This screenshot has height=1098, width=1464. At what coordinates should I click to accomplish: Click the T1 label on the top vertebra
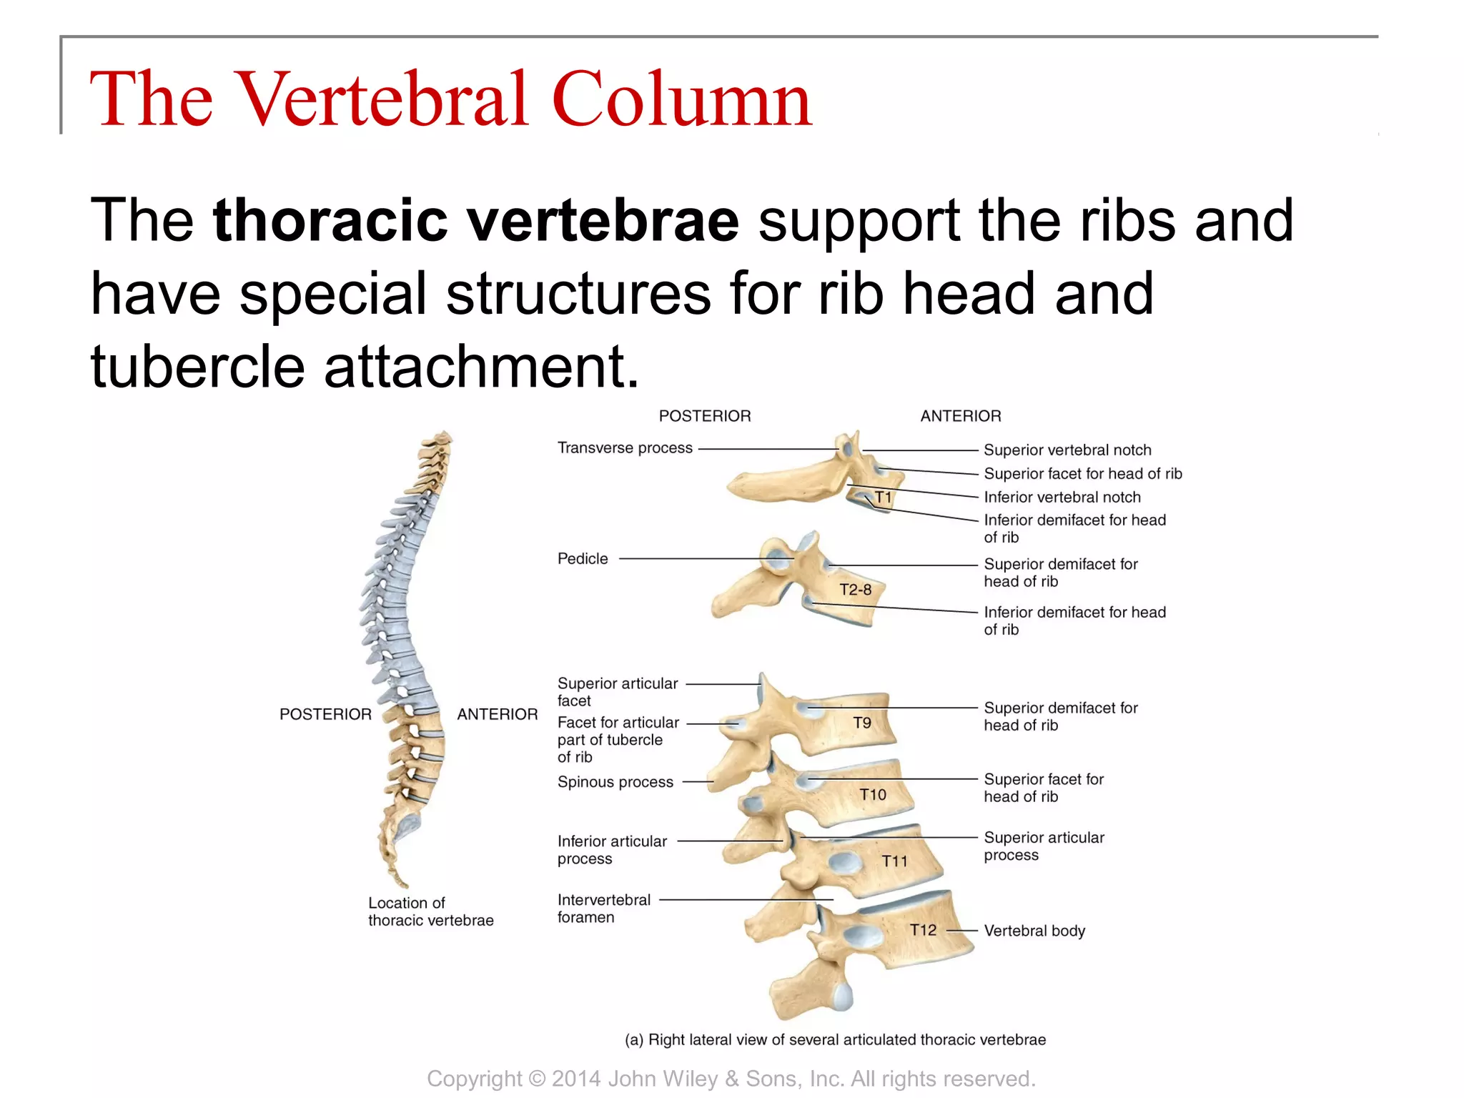pyautogui.click(x=884, y=497)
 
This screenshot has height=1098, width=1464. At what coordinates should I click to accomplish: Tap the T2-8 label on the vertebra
pyautogui.click(x=855, y=590)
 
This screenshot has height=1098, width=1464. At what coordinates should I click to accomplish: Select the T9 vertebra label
pyautogui.click(x=862, y=723)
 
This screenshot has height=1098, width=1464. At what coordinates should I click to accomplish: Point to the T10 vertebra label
pyautogui.click(x=872, y=794)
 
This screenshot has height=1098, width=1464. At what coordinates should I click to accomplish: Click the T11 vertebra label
pyautogui.click(x=894, y=861)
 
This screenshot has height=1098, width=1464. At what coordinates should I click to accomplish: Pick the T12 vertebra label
pyautogui.click(x=922, y=930)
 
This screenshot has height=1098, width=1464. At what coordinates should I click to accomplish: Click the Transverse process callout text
pyautogui.click(x=625, y=448)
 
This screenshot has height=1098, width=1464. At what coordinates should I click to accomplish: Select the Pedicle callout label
pyautogui.click(x=583, y=559)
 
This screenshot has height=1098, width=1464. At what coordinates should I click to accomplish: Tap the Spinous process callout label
pyautogui.click(x=615, y=782)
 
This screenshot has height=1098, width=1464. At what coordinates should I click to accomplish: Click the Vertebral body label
pyautogui.click(x=1034, y=931)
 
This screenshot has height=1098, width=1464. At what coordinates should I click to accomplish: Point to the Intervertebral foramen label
pyautogui.click(x=603, y=909)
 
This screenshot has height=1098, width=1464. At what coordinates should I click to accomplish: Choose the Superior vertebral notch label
pyautogui.click(x=1067, y=450)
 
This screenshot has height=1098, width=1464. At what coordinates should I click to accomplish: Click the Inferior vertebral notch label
pyautogui.click(x=1062, y=498)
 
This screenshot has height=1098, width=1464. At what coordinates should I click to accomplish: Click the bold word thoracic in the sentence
pyautogui.click(x=330, y=219)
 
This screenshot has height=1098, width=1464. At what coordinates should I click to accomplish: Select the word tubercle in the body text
pyautogui.click(x=197, y=366)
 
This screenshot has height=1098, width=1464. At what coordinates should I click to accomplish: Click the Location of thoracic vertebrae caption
pyautogui.click(x=430, y=911)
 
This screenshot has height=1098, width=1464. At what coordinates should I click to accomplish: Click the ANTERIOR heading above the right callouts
pyautogui.click(x=960, y=416)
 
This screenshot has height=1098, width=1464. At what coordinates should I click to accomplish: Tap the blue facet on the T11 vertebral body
pyautogui.click(x=844, y=862)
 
